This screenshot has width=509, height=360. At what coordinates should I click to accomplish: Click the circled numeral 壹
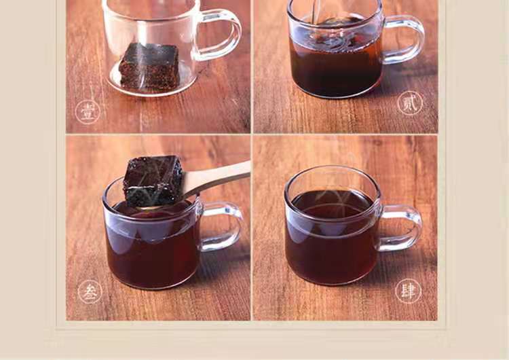pos(88,112)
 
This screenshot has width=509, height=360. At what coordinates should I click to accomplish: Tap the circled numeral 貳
pos(411,103)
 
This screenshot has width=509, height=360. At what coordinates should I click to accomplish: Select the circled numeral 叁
pos(90,292)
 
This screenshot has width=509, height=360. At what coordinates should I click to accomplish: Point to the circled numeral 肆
pos(408,291)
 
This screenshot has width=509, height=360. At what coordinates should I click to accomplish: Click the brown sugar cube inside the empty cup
pos(149,66)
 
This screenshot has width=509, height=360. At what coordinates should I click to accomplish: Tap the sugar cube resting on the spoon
pos(153,180)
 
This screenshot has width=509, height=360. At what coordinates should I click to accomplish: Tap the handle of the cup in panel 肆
pos(402,228)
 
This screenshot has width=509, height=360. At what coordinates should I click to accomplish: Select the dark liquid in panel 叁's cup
pos(153,247)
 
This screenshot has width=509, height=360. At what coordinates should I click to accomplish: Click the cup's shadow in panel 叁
pos(221,266)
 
